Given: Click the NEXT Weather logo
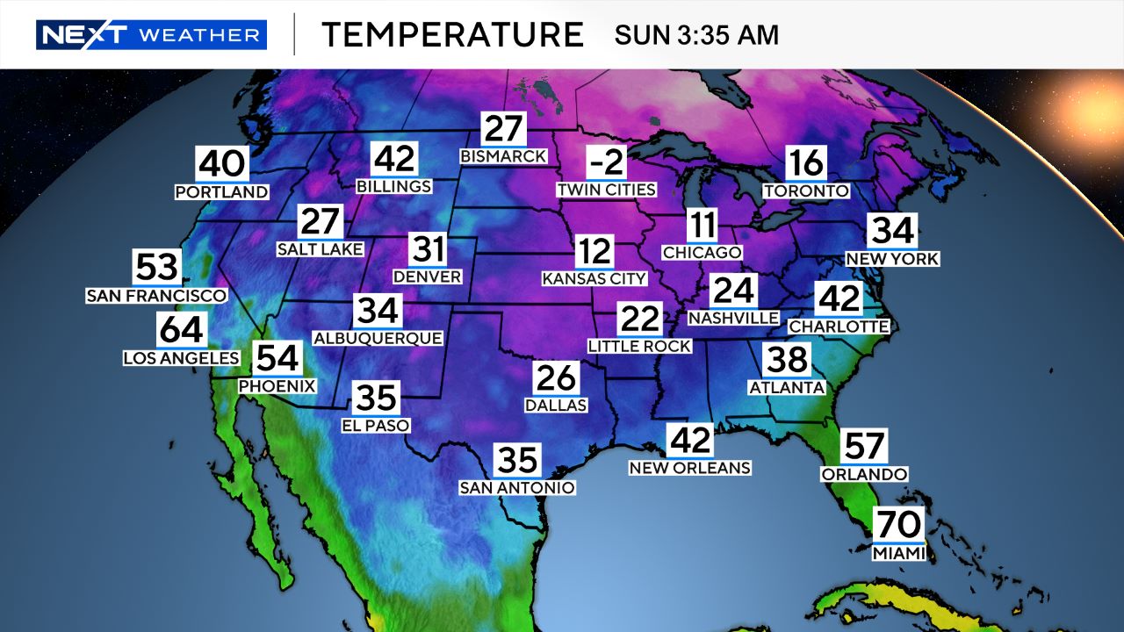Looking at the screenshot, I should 151,35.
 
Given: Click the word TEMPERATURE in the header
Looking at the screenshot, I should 452,35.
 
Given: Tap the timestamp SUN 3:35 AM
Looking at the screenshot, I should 696,35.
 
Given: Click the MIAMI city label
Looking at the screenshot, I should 898,553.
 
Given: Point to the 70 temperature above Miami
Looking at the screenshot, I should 898,526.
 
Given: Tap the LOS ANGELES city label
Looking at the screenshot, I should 181,357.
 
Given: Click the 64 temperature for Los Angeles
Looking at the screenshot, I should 182,331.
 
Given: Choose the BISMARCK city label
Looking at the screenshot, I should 504,156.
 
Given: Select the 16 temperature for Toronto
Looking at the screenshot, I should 805,164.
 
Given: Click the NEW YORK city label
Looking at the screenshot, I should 892,259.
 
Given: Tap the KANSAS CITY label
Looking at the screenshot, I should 594,279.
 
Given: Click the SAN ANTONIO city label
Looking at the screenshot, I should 518,487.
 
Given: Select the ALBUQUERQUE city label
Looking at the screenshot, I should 378,337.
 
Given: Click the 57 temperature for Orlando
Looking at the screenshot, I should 863,447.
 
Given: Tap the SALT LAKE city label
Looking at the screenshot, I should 320,249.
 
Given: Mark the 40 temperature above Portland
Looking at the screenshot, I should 221,164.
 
